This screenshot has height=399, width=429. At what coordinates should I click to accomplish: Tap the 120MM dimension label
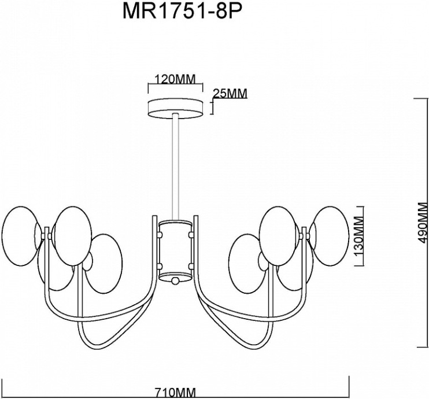coord(176,79)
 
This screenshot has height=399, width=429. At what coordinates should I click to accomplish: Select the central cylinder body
coord(175,249)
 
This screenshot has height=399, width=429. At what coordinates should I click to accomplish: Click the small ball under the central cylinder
coord(175,281)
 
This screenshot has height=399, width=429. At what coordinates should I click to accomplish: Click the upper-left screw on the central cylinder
coord(160,234)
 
